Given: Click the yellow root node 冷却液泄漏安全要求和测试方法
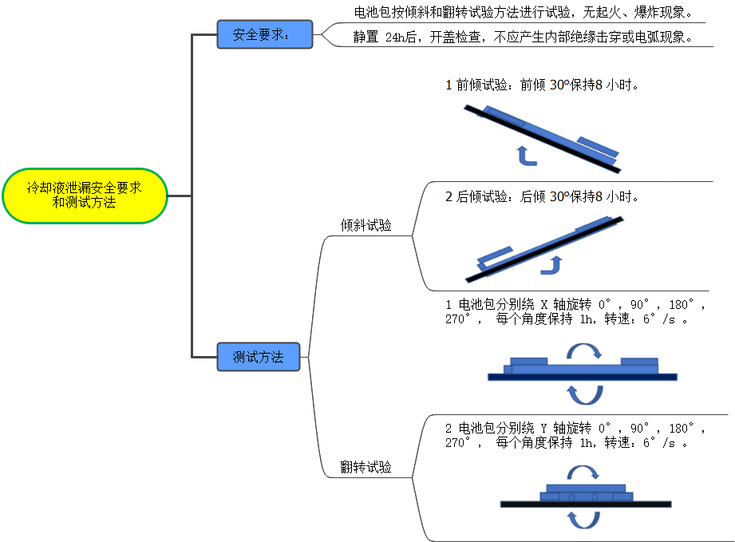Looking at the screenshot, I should [85, 196].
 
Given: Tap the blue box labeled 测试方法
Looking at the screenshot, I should [258, 357].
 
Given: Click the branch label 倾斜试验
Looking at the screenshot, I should [366, 225].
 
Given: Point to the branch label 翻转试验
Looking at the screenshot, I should [366, 467].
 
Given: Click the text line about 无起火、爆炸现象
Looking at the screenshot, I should [523, 13].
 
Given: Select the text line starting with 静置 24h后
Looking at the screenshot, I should [523, 37].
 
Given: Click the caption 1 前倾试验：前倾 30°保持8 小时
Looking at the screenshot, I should [543, 85].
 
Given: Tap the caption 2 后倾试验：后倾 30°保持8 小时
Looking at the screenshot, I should [543, 196].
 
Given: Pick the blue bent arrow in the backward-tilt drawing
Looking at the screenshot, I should [551, 265].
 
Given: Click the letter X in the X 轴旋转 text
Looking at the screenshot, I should [545, 305].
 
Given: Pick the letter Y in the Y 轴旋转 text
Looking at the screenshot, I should [545, 428].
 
